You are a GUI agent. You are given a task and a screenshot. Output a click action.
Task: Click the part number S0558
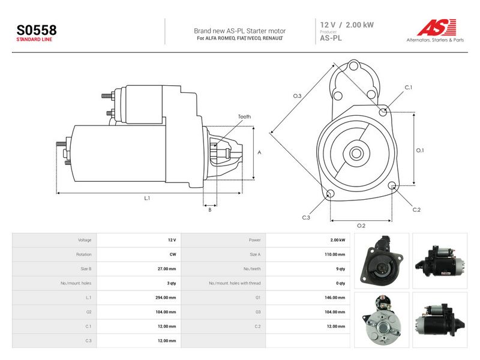coord(37,30)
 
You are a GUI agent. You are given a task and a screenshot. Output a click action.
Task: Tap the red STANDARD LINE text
coord(34,40)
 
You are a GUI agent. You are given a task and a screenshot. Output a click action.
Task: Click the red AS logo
coord(437,27)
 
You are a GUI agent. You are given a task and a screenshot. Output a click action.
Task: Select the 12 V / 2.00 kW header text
coord(347,25)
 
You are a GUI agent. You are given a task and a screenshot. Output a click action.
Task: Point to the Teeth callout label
coord(244,116)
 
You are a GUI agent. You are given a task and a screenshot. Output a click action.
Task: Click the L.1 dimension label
coord(147,199)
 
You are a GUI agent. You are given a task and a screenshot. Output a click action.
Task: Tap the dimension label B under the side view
coord(210,210)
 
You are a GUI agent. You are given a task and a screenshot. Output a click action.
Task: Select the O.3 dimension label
coord(297,96)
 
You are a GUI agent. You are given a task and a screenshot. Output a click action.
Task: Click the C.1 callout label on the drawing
coord(409,88)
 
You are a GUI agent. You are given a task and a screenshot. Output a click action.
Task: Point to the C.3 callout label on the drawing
coord(306,218)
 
